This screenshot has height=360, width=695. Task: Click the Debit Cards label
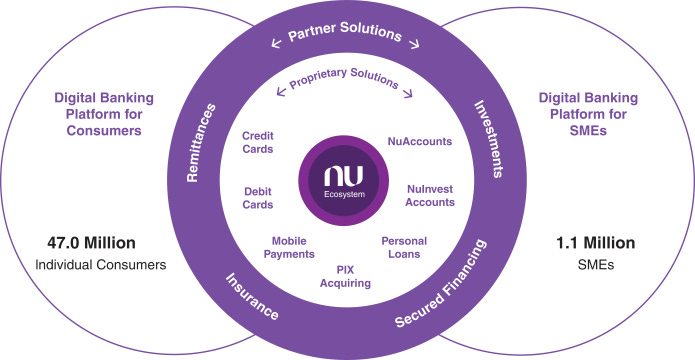(258, 197)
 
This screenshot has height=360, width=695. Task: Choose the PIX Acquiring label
(346, 276)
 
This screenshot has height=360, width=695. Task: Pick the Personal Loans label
(407, 247)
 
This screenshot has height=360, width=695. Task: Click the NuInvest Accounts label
(431, 195)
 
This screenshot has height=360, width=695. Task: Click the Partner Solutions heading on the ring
(345, 36)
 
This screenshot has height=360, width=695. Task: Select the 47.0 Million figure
(91, 244)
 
